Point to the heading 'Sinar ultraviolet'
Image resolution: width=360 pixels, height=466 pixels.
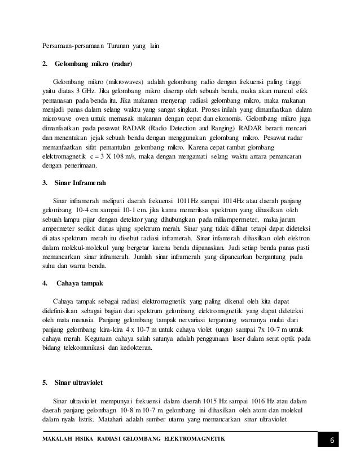click(78, 384)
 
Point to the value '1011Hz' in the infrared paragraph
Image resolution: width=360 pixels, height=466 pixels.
click(189, 201)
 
